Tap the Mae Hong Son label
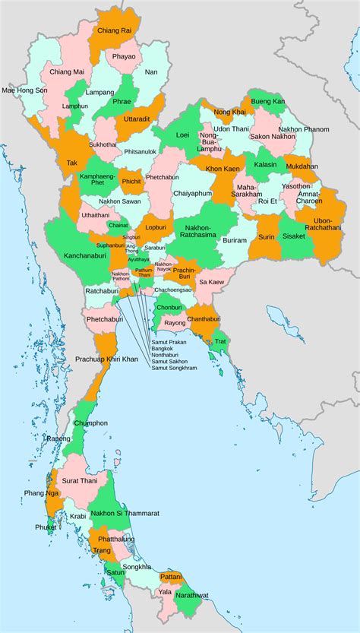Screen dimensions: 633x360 [x=24, y=90]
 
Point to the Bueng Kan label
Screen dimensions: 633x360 [x=267, y=101]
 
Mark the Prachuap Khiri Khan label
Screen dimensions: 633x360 [x=106, y=358]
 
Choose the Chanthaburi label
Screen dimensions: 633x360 [x=204, y=318]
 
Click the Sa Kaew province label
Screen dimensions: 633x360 [x=211, y=281]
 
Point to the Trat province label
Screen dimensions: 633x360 [x=220, y=340]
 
